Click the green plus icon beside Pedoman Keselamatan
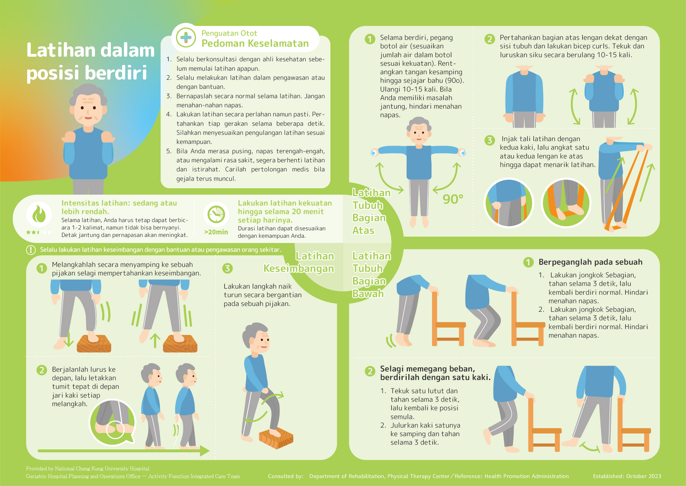click(186, 38)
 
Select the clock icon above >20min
click(216, 214)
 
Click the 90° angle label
click(453, 199)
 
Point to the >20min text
click(216, 232)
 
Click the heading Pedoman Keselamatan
click(255, 43)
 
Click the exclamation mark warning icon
click(31, 250)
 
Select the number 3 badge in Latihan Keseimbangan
click(227, 268)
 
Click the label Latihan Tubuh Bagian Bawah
click(371, 275)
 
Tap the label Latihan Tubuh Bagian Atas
click(371, 212)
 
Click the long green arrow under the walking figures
click(124, 451)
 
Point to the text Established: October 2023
click(627, 476)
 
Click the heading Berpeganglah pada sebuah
click(591, 262)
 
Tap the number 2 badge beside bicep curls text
click(490, 39)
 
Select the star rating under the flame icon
click(39, 232)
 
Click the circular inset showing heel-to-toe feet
click(113, 422)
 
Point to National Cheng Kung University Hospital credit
click(88, 469)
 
